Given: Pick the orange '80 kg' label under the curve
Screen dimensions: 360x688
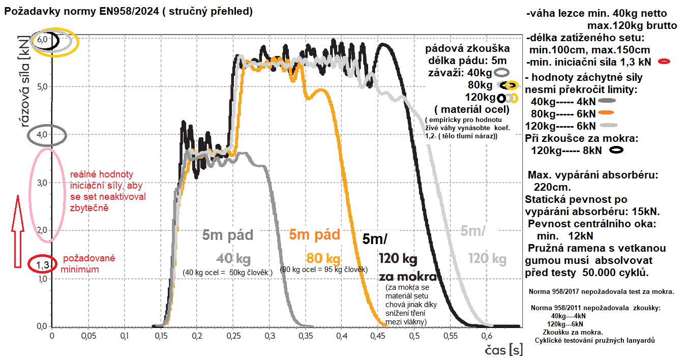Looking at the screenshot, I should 323,258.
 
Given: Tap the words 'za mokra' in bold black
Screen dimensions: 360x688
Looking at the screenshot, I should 408,277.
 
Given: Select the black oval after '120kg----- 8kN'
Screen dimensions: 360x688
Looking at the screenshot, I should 617,150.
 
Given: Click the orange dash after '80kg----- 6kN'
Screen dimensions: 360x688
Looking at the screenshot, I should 607,113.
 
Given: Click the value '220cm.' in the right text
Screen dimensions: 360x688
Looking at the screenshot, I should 551,186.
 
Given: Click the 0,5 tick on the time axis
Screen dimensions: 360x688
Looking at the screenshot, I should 414,336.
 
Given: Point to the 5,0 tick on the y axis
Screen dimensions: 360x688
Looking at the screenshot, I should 41,87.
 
